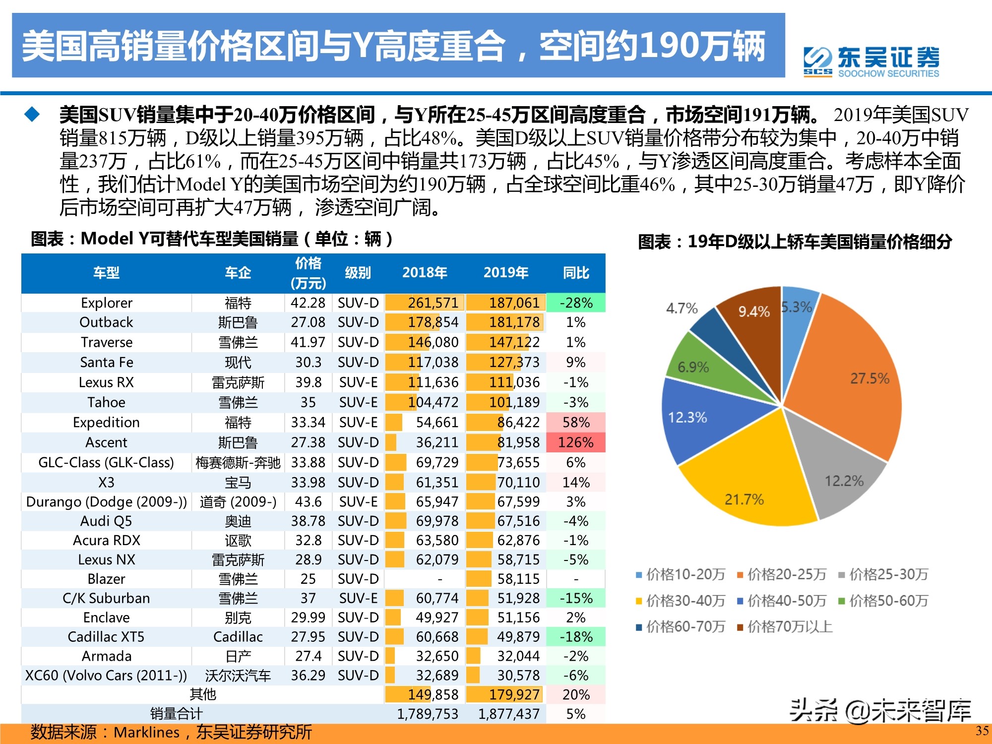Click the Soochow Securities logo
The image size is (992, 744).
[871, 62]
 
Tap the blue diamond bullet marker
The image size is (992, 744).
[32, 115]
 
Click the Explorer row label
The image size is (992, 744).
[106, 303]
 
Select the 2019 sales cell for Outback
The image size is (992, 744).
[514, 322]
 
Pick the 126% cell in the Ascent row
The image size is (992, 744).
[575, 442]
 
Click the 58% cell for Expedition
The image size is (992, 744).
[575, 423]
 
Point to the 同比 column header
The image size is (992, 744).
[575, 273]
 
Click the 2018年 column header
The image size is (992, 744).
[425, 273]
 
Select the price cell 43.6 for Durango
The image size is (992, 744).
[308, 502]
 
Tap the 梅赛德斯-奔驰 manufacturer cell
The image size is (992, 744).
[238, 463]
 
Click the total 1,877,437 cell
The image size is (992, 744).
[508, 714]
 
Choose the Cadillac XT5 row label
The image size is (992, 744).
[106, 637]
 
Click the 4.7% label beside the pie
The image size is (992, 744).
[682, 309]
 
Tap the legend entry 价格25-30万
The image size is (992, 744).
[883, 574]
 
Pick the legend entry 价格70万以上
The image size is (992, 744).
[785, 627]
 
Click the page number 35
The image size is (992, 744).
[982, 731]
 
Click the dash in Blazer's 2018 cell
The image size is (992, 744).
[439, 579]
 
